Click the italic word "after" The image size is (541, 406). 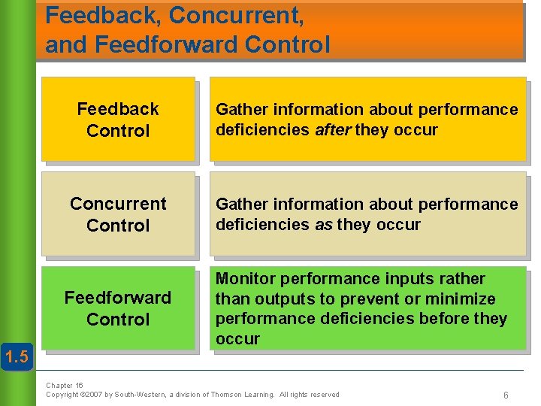[x=332, y=130]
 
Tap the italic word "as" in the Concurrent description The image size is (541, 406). [x=323, y=225]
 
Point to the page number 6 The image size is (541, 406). [x=506, y=395]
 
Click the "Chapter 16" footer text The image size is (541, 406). [x=64, y=386]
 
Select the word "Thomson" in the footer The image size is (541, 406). [x=225, y=395]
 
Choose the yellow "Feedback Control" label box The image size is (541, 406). [x=118, y=120]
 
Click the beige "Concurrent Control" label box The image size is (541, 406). [x=118, y=214]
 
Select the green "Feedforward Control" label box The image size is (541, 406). [x=118, y=308]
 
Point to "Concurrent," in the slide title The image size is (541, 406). [x=236, y=14]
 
